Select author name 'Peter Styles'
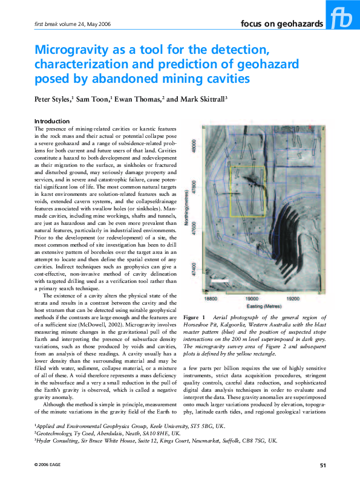[54, 99]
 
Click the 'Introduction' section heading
[52, 122]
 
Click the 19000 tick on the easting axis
[254, 299]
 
